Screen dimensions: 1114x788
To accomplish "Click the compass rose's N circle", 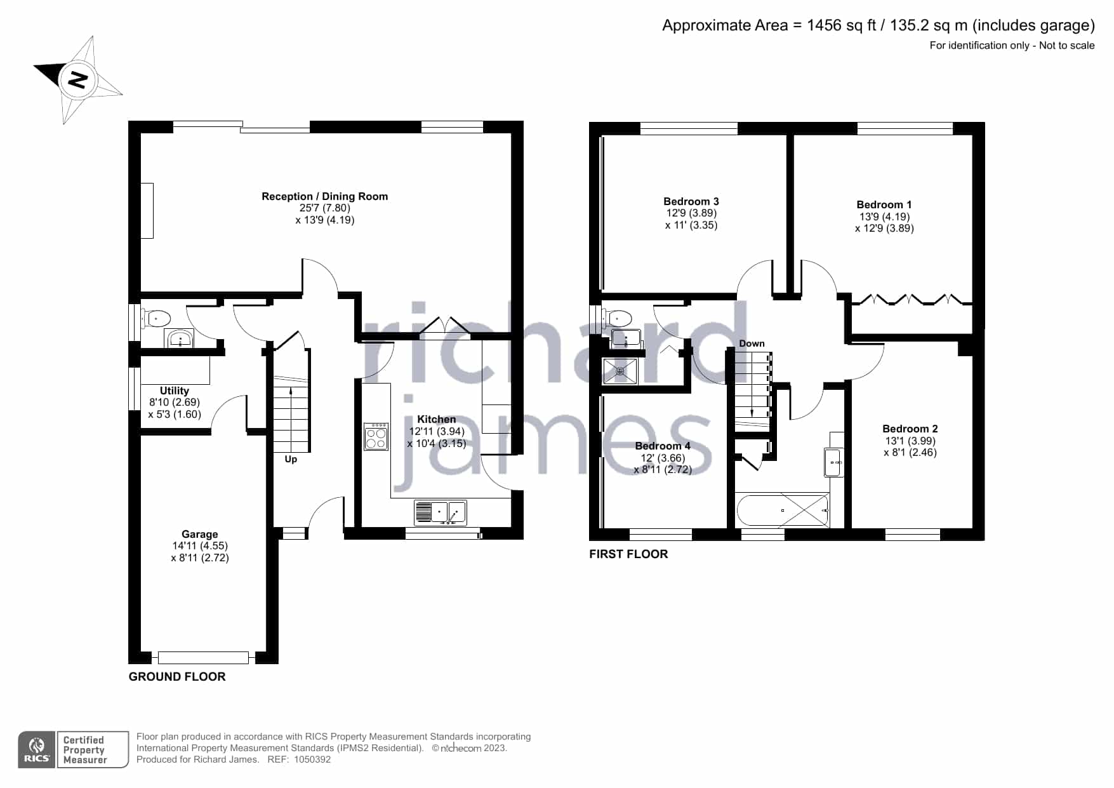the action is [x=77, y=80].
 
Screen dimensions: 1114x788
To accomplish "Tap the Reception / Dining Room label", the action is [x=324, y=197].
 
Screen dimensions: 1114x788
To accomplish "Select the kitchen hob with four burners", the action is [x=376, y=436].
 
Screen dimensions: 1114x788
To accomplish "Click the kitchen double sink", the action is [x=440, y=513].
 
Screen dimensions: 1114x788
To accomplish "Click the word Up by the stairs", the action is [x=291, y=459].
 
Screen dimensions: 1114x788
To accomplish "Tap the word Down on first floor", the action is [x=752, y=344].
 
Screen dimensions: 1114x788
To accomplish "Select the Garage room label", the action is [x=199, y=535].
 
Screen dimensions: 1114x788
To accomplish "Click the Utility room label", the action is [x=175, y=391].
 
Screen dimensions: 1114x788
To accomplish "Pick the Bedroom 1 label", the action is [x=884, y=204].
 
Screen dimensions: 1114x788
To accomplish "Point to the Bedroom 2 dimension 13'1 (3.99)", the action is [x=910, y=441].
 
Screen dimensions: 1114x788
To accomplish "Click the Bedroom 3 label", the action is [x=691, y=201].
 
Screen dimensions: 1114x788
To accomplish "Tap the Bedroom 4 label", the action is [x=663, y=446].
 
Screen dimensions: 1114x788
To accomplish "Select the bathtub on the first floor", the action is [x=783, y=510].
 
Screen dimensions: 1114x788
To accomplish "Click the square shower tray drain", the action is [x=620, y=371].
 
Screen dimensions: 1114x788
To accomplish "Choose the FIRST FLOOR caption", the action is [x=628, y=554].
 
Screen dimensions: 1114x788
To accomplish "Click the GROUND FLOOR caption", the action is [x=177, y=677].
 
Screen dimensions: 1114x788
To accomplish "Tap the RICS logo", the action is [x=37, y=750].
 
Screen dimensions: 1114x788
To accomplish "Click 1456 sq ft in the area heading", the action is [x=841, y=25].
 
